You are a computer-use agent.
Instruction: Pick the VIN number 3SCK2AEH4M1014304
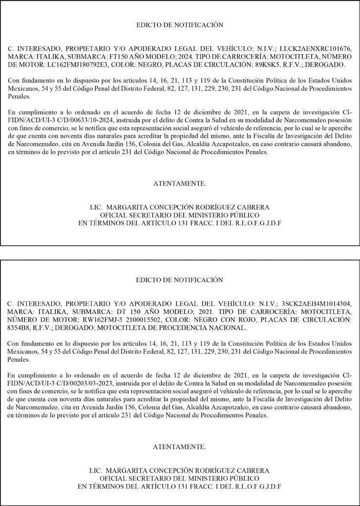point(318,303)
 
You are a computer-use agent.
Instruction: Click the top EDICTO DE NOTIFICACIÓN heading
point(179,25)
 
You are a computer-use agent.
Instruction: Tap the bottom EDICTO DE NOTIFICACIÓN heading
point(179,279)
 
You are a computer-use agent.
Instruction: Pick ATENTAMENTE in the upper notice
point(179,184)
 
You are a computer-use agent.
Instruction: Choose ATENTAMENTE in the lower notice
point(179,447)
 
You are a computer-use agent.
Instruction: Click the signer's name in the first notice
point(179,207)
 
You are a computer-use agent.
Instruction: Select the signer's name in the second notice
point(179,471)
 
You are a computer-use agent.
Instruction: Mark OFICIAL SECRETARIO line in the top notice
point(179,215)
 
